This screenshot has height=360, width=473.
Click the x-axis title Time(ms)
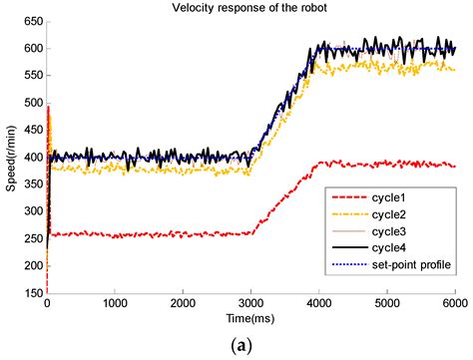click(250, 319)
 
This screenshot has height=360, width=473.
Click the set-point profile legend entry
click(414, 266)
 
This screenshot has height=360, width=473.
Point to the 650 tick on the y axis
click(32, 21)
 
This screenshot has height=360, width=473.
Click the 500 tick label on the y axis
click(32, 103)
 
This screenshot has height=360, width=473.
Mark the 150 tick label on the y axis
click(32, 294)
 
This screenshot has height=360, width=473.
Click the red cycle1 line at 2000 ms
click(183, 234)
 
